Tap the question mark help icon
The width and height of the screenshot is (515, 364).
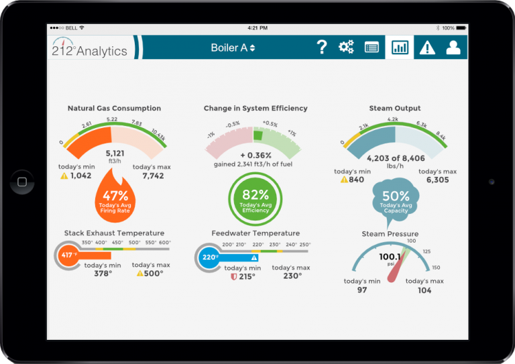(322, 47)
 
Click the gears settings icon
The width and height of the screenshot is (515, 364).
(346, 47)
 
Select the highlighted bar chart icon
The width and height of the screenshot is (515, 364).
(400, 47)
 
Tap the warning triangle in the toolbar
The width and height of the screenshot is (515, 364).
(427, 48)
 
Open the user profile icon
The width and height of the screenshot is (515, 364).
(454, 47)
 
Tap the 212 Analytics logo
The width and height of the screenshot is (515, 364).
(90, 48)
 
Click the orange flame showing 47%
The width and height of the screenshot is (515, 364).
(115, 197)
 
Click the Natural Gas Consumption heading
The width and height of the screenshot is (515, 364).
(114, 108)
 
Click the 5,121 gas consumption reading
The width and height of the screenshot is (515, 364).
(115, 153)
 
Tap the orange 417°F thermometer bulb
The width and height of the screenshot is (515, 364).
(68, 255)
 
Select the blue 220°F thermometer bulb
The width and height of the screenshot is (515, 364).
(208, 257)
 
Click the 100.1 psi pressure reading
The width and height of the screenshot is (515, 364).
(389, 257)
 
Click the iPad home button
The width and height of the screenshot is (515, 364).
(22, 182)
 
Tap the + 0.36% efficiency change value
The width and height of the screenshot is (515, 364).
(255, 156)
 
